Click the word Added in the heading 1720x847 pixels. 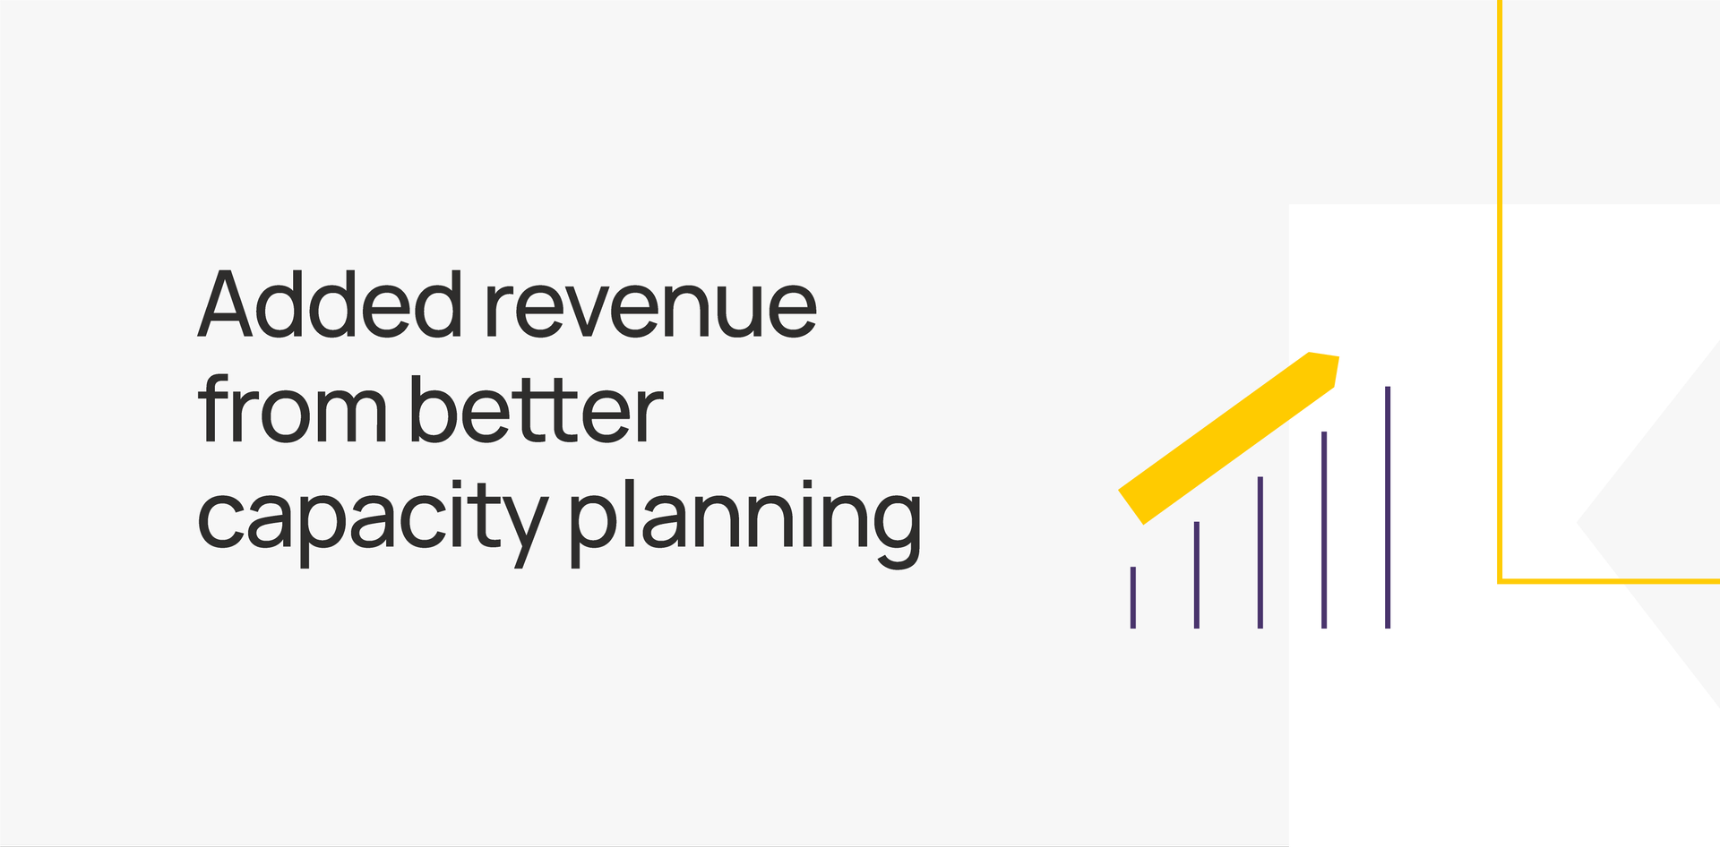[x=330, y=304]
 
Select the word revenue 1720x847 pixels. [x=650, y=310]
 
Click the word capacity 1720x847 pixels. [x=372, y=522]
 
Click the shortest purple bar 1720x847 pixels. [x=1133, y=597]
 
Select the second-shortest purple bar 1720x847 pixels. [x=1197, y=575]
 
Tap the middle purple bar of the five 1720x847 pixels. [x=1260, y=552]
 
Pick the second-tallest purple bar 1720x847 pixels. [x=1324, y=530]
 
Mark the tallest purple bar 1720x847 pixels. [x=1388, y=508]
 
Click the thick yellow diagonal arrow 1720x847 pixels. [x=1229, y=438]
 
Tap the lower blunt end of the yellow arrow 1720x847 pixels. [x=1131, y=507]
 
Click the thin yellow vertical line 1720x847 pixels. [x=1500, y=291]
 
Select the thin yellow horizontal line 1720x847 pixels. [x=1609, y=581]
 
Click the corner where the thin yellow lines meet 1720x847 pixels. [x=1500, y=581]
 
